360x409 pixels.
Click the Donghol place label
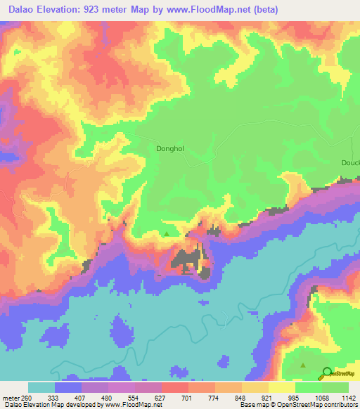coord(170,149)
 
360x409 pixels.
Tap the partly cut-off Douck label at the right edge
coord(350,163)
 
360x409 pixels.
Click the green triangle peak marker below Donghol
coord(167,234)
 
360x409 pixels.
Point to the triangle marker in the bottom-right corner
coord(303,365)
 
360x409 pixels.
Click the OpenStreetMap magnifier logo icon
coord(327,372)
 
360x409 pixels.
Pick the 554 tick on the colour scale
coord(135,398)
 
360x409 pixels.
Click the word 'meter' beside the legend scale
coord(11,398)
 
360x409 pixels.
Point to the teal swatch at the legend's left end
coord(41,387)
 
